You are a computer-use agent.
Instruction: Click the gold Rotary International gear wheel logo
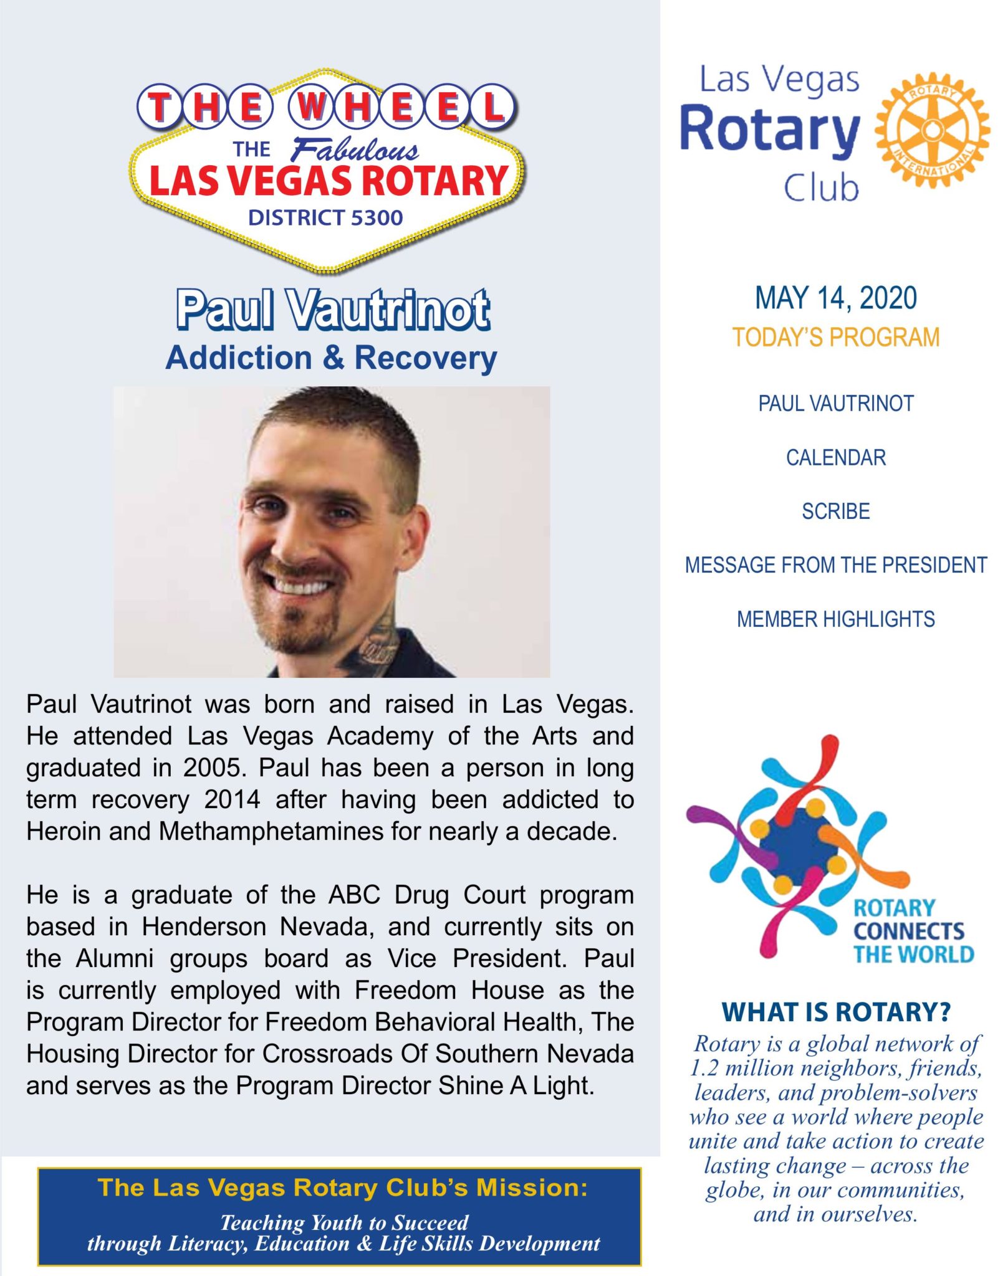pyautogui.click(x=931, y=130)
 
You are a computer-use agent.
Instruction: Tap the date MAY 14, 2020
pyautogui.click(x=835, y=298)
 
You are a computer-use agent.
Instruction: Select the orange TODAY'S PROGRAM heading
pyautogui.click(x=835, y=338)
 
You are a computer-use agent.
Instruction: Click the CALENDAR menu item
pyautogui.click(x=835, y=458)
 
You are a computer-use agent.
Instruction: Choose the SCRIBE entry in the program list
pyautogui.click(x=835, y=512)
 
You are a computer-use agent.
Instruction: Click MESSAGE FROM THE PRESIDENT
pyautogui.click(x=835, y=565)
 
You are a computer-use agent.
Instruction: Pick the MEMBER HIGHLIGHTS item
pyautogui.click(x=835, y=619)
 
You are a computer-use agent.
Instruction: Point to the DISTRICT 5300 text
pyautogui.click(x=325, y=217)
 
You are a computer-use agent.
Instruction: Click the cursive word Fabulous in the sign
pyautogui.click(x=355, y=150)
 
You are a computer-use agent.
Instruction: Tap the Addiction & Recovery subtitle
pyautogui.click(x=331, y=358)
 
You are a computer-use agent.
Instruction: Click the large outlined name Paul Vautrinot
pyautogui.click(x=333, y=310)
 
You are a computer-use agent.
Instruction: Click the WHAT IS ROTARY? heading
pyautogui.click(x=835, y=1012)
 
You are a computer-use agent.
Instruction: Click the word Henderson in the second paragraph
pyautogui.click(x=203, y=927)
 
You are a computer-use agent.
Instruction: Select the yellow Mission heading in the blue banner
pyautogui.click(x=342, y=1188)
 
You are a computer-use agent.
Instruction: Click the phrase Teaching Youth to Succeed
pyautogui.click(x=344, y=1222)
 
